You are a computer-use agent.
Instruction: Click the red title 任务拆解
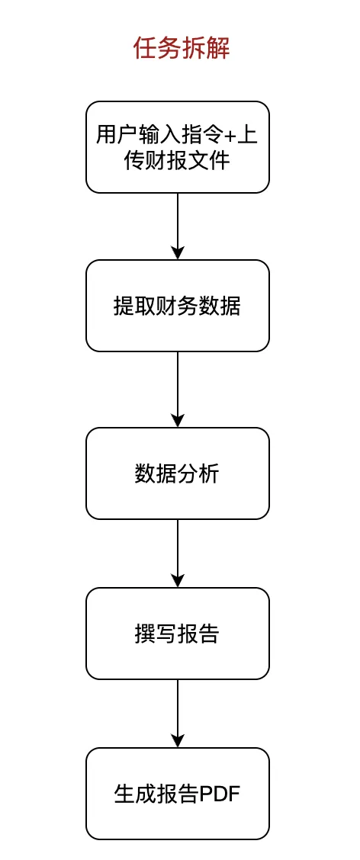181,49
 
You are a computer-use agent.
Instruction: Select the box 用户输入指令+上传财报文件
178,146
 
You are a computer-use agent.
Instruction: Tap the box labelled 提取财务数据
178,306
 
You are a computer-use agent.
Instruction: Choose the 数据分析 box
178,473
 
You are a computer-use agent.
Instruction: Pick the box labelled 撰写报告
178,634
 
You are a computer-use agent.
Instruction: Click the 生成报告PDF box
178,794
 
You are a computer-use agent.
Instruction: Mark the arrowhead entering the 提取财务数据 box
178,254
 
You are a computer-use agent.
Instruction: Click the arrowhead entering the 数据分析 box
178,421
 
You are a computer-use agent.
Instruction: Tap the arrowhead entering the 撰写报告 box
178,581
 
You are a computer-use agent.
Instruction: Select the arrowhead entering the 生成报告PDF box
178,741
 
